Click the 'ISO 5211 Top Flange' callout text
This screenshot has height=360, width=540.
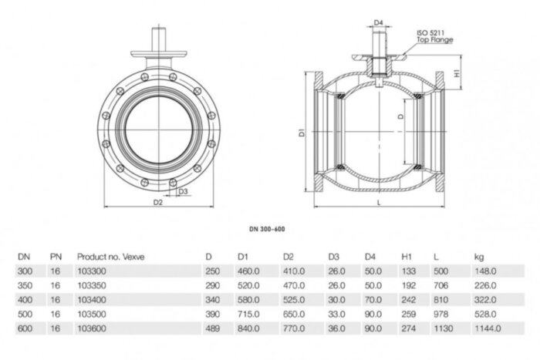click(434, 36)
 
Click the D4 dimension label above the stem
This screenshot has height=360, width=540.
click(378, 23)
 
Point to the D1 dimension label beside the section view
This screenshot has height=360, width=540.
click(303, 133)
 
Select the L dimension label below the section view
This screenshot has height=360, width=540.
click(380, 203)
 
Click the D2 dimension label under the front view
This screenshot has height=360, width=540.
click(158, 203)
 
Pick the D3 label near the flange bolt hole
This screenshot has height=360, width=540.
click(183, 190)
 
